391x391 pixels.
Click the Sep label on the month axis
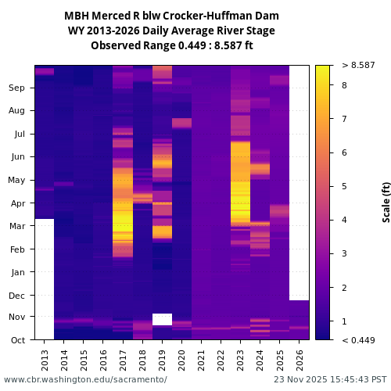point(17,88)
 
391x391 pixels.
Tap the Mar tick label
point(17,227)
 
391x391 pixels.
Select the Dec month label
point(17,296)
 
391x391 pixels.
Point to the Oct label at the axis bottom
point(17,340)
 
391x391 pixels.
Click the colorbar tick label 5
point(344,186)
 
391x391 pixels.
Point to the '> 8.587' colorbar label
point(358,66)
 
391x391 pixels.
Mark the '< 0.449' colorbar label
point(358,340)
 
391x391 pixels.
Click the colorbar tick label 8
point(344,84)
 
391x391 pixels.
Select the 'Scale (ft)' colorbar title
point(386,202)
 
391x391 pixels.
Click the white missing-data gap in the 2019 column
point(162,319)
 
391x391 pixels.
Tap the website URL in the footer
point(85,379)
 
